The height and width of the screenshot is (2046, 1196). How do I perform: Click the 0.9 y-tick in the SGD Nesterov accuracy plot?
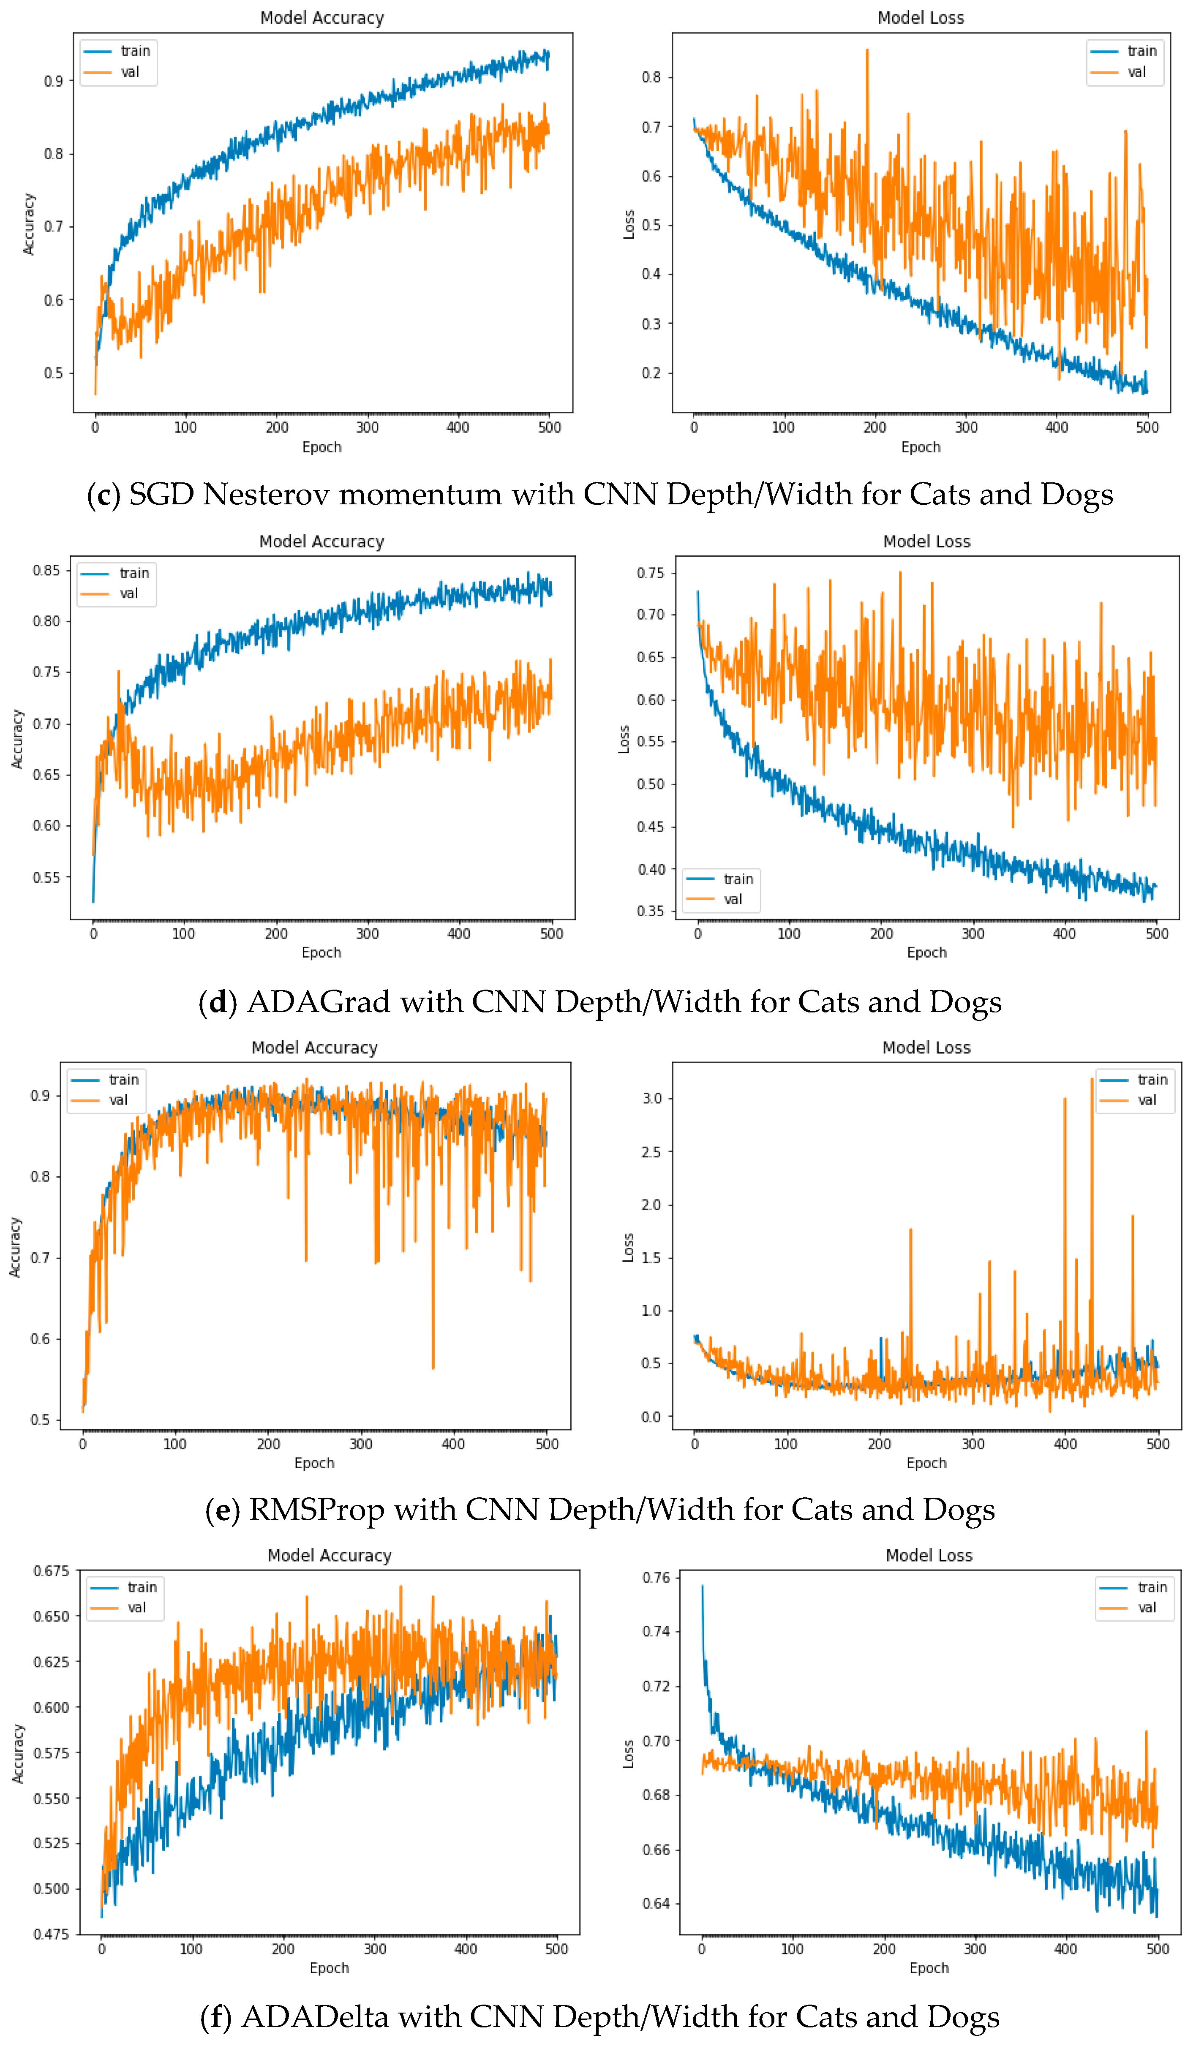pos(54,81)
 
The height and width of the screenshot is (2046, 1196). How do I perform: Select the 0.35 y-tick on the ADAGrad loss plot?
pos(650,911)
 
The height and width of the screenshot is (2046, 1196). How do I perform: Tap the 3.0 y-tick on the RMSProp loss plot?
pos(652,1099)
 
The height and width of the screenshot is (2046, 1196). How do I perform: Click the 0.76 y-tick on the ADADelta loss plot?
pos(656,1578)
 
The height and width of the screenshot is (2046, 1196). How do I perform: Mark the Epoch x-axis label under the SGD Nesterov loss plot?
pos(921,447)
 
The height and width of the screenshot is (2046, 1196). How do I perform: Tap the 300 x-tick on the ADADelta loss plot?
pos(974,1948)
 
